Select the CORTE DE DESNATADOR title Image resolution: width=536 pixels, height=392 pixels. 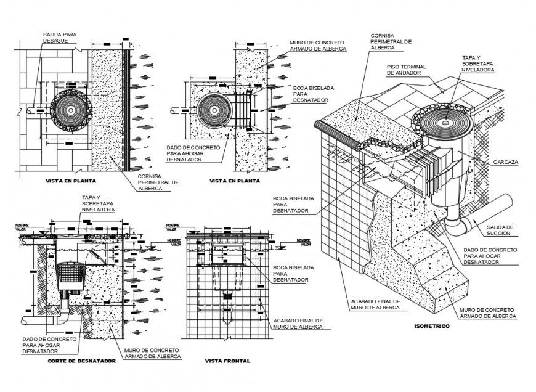[81, 361]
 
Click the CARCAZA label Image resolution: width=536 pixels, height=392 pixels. [505, 162]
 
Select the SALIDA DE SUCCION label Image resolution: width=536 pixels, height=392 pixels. [502, 231]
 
